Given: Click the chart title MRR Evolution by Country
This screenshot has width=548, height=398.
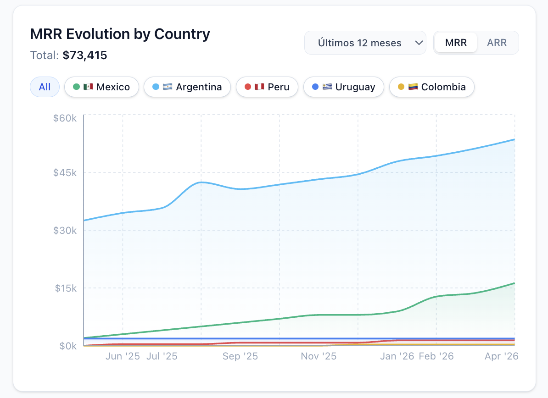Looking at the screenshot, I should [x=120, y=34].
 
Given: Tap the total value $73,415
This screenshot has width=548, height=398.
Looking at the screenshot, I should [x=85, y=55].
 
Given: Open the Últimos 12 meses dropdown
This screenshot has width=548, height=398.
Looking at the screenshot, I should [x=365, y=43].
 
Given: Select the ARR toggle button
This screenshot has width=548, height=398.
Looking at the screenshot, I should [x=497, y=43].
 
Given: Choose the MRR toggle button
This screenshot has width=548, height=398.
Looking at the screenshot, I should [x=456, y=43].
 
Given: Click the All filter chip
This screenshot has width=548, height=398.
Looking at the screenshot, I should [x=45, y=87].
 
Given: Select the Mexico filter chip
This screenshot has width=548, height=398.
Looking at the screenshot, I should [x=101, y=87].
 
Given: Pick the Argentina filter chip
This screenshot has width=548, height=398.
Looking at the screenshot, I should [x=187, y=87].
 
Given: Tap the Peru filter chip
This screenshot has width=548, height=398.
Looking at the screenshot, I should [x=267, y=87].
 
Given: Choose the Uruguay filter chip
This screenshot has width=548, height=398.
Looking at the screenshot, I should [x=343, y=87].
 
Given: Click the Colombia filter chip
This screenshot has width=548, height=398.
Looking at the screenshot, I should [x=431, y=87].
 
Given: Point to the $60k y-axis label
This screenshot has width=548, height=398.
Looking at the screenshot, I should [x=65, y=118].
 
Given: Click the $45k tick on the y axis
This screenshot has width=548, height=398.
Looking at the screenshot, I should [x=65, y=173].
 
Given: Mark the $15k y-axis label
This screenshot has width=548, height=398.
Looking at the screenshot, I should [x=65, y=288].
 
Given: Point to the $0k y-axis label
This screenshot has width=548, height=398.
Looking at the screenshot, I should [x=67, y=346].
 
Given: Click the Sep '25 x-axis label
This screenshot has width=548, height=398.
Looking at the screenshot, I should [x=240, y=356].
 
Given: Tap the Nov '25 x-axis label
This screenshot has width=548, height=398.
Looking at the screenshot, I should [x=319, y=356].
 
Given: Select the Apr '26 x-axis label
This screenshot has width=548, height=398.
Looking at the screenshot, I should [x=501, y=356].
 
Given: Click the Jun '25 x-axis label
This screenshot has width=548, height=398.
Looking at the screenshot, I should [x=123, y=356].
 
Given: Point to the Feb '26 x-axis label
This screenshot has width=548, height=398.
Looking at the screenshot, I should [x=436, y=356].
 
